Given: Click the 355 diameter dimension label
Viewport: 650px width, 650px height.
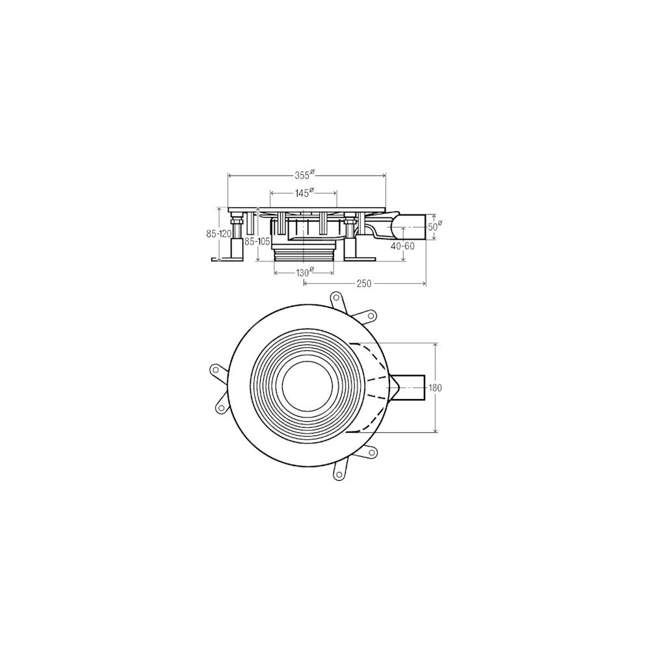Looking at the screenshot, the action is pyautogui.click(x=305, y=175).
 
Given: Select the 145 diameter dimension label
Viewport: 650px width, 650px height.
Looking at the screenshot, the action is pyautogui.click(x=304, y=193).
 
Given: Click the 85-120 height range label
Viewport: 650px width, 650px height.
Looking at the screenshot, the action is pyautogui.click(x=218, y=234).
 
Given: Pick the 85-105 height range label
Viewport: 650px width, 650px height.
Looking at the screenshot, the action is pyautogui.click(x=257, y=241).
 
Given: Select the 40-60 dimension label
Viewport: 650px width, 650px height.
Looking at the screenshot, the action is pyautogui.click(x=402, y=246).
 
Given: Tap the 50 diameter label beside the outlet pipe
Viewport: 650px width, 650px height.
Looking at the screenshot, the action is pyautogui.click(x=434, y=226).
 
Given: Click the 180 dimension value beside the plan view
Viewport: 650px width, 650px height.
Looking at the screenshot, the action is pyautogui.click(x=435, y=388).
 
